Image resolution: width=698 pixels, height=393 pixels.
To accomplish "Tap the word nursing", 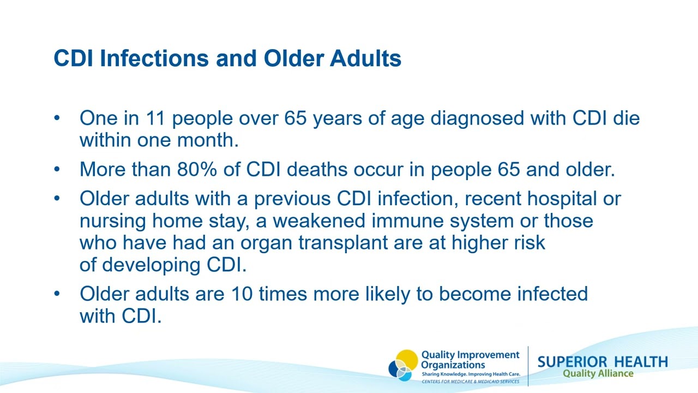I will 113,221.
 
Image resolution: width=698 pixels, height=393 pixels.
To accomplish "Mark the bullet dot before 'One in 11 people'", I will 57,118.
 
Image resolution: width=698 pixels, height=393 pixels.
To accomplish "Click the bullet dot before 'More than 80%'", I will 57,170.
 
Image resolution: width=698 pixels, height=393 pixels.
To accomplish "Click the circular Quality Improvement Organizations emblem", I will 404,365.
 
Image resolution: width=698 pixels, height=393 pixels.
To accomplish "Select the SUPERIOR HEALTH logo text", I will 602,362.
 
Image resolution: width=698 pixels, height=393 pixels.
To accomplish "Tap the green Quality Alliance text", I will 598,374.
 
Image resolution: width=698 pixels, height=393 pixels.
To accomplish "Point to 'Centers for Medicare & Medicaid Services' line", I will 470,382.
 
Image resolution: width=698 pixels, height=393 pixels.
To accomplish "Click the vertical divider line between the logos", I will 528,366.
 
